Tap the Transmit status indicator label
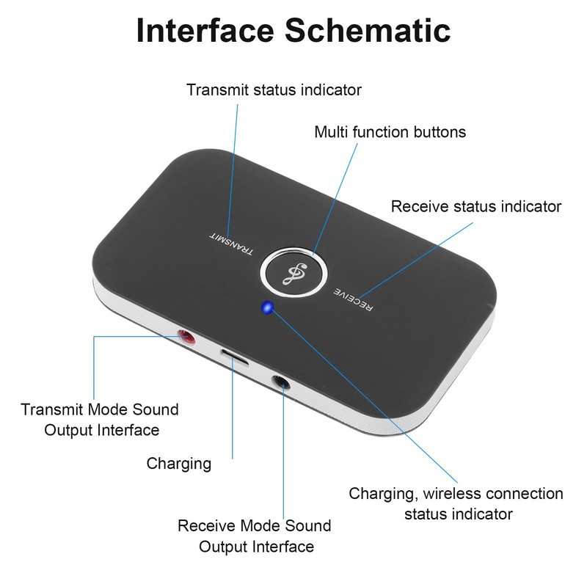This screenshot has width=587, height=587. (274, 90)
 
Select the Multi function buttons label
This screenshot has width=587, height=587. (390, 133)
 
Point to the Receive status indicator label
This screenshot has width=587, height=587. (475, 207)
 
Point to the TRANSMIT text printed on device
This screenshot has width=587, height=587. (231, 244)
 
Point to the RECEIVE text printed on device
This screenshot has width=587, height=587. (353, 299)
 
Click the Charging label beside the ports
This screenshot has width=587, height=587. (179, 464)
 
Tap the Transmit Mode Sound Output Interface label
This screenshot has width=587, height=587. (101, 419)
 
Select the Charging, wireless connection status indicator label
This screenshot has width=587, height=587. (456, 503)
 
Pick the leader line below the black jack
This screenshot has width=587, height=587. (283, 455)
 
